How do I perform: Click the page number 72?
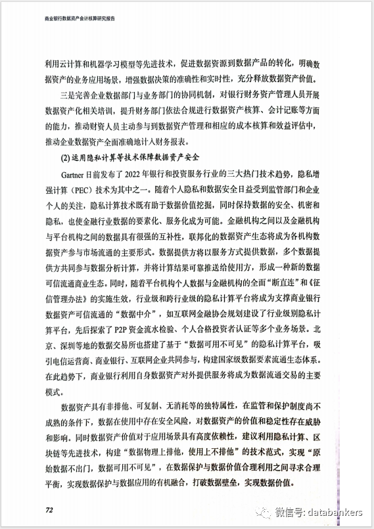(49, 509)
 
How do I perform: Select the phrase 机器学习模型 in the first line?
(117, 64)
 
